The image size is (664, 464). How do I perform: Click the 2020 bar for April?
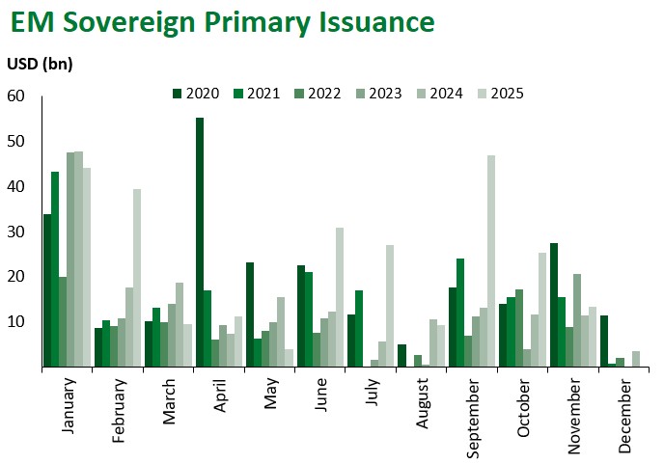tap(200, 242)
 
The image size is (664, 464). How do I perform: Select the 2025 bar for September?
tap(491, 260)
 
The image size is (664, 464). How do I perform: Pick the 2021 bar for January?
tap(55, 269)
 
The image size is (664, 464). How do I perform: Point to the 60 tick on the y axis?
tap(15, 96)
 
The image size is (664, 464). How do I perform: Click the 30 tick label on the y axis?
tap(15, 232)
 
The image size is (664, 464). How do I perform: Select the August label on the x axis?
tap(422, 404)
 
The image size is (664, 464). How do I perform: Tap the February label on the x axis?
tap(120, 411)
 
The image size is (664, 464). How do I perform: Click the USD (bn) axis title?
tap(41, 64)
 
